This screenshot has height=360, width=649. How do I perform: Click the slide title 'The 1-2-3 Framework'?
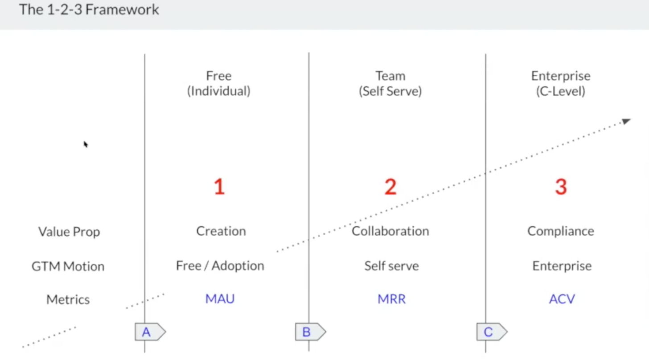click(89, 9)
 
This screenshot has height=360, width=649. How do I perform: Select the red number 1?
click(219, 187)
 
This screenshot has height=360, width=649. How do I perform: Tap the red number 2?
click(390, 187)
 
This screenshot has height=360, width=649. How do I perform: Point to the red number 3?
click(561, 187)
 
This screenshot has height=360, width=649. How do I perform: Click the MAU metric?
click(220, 299)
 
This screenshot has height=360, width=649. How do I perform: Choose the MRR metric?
click(391, 299)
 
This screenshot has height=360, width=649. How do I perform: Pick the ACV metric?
click(562, 299)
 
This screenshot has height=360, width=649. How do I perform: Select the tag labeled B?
click(311, 332)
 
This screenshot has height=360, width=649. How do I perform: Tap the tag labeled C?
click(492, 332)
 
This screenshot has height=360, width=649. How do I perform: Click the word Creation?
click(221, 231)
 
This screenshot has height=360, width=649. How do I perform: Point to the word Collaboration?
click(390, 231)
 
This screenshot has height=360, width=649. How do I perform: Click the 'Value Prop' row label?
click(69, 232)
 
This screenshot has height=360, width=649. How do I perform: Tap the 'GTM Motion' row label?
click(68, 266)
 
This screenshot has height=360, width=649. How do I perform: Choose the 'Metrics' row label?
click(68, 299)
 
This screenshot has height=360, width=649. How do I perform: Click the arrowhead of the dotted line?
click(626, 121)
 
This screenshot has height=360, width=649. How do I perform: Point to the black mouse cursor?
click(86, 144)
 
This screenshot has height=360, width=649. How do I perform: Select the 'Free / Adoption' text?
click(220, 266)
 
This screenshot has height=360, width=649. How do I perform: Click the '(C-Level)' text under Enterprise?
click(561, 91)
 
